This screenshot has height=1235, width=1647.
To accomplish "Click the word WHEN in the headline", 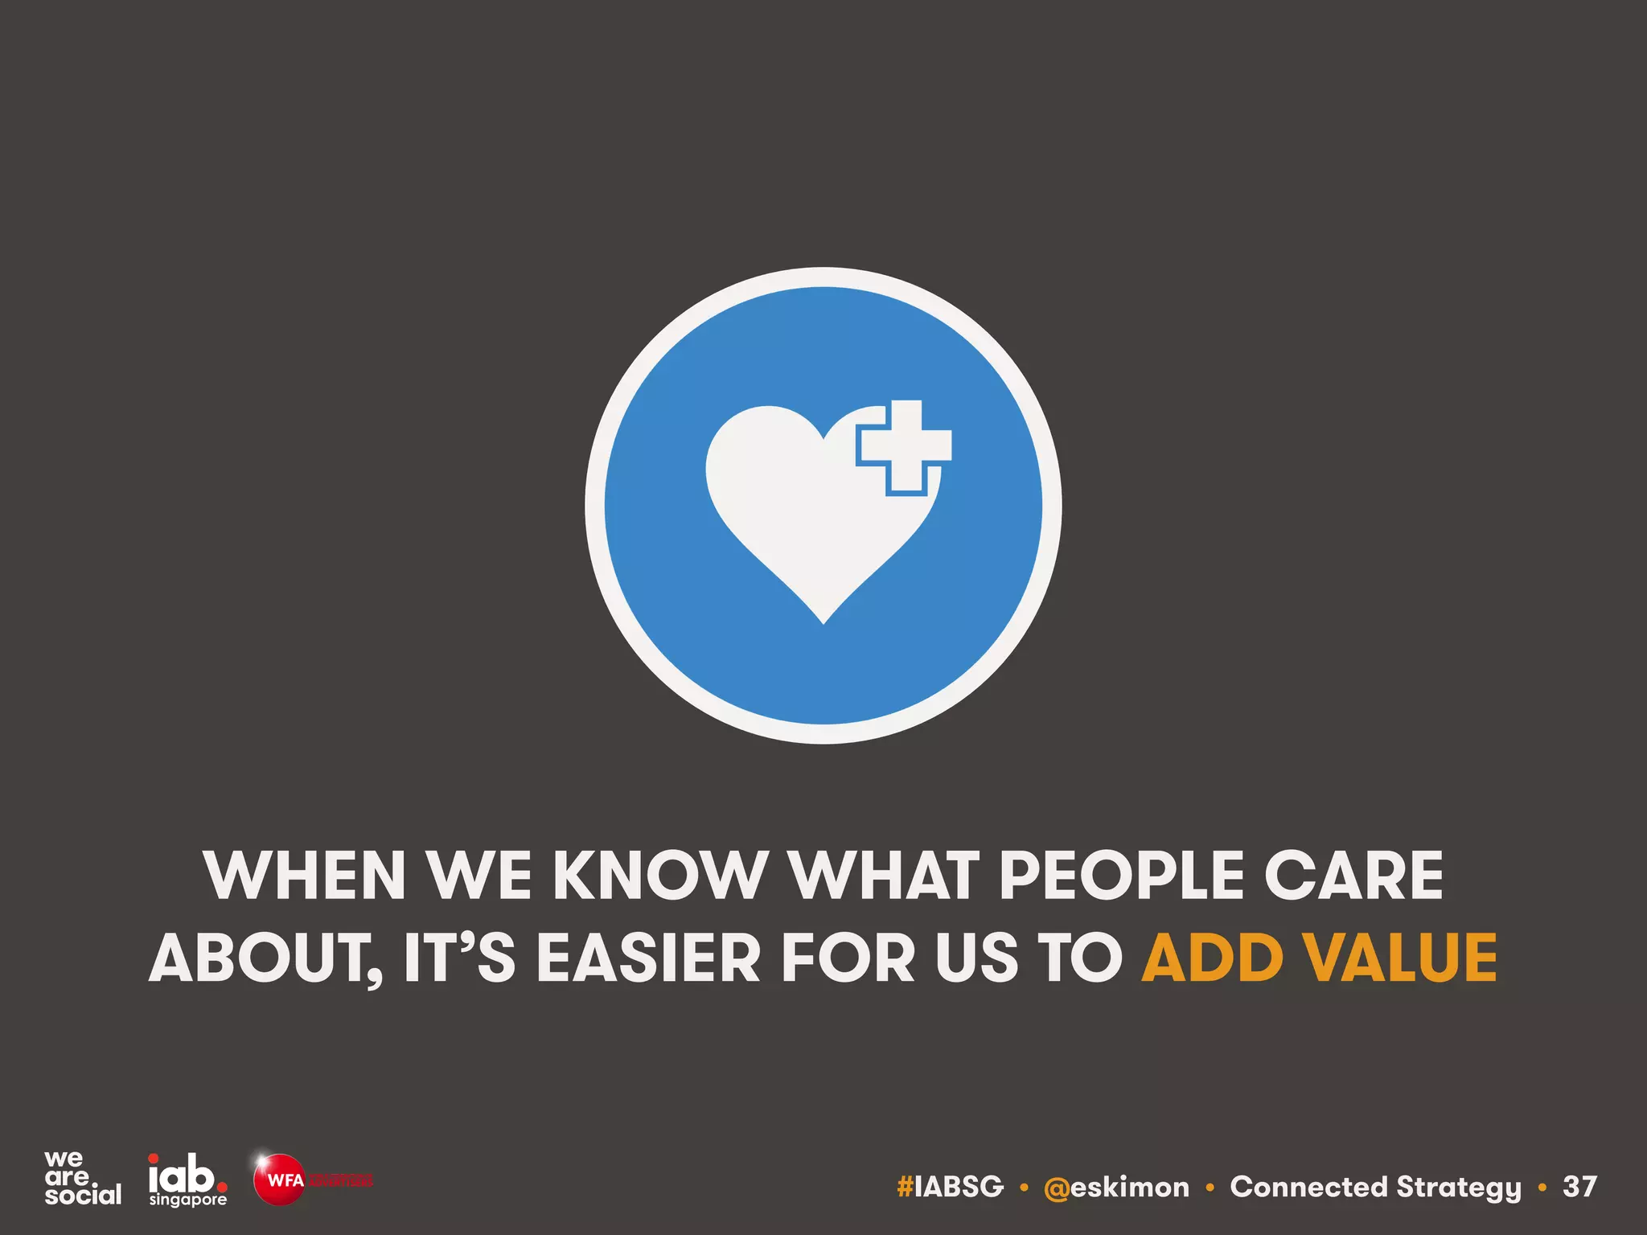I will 306,876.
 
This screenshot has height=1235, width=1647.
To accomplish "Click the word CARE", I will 1354,876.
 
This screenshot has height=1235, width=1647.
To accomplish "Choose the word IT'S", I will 459,958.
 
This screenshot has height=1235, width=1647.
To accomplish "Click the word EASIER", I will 648,958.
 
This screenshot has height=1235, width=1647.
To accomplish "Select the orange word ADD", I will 1212,958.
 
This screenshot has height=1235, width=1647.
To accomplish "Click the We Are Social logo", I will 82,1178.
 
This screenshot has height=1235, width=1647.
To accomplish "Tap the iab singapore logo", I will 187,1180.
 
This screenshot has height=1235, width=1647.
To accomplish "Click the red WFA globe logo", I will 279,1180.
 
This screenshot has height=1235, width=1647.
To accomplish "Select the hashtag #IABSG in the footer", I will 951,1187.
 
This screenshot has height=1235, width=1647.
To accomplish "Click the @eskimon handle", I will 1116,1187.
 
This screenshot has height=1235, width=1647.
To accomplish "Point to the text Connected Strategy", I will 1375,1187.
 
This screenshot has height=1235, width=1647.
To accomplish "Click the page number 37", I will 1579,1187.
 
